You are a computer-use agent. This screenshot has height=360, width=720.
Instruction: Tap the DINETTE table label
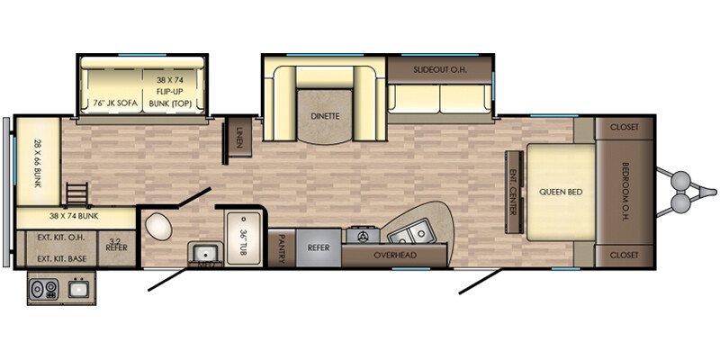[325, 116]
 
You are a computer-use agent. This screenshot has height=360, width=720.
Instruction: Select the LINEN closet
[239, 137]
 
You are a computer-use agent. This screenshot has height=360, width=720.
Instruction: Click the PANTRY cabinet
[282, 248]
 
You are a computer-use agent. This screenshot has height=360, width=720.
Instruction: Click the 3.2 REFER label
[117, 244]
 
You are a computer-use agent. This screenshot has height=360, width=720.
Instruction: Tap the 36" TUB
[243, 238]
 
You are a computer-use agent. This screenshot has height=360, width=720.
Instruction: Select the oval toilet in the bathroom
[159, 227]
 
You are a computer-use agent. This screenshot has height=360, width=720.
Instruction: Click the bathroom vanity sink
[205, 253]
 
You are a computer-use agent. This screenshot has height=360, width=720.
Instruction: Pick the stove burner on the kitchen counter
[363, 236]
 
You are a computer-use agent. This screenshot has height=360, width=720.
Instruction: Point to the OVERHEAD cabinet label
[395, 255]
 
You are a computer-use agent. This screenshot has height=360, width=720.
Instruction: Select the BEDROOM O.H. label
[626, 192]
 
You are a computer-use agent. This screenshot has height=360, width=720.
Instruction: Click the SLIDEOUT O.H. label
[440, 70]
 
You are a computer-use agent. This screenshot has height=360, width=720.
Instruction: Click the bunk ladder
[76, 193]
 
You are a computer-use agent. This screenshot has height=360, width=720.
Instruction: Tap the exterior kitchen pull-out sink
[78, 288]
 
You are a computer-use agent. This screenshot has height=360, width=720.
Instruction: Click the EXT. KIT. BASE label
[61, 258]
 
